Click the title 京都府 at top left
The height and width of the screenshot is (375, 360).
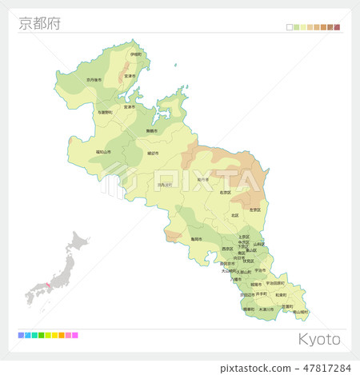(x=38, y=23)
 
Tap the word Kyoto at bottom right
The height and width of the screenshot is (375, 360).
(x=319, y=339)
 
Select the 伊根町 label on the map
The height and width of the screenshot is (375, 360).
(x=136, y=54)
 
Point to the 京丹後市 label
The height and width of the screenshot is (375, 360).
(x=94, y=79)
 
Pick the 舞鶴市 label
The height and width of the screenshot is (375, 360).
(x=151, y=130)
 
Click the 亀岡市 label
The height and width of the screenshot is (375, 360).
(x=196, y=238)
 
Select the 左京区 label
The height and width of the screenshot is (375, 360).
(x=255, y=209)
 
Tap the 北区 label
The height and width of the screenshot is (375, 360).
(x=234, y=215)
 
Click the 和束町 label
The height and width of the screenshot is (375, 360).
(x=280, y=293)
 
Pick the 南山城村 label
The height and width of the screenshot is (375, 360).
(x=301, y=311)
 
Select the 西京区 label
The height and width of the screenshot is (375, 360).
(x=227, y=249)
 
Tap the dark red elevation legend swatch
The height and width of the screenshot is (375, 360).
(x=338, y=27)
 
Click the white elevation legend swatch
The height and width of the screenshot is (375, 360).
(x=290, y=27)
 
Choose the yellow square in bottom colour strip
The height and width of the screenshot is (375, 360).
(x=54, y=335)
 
